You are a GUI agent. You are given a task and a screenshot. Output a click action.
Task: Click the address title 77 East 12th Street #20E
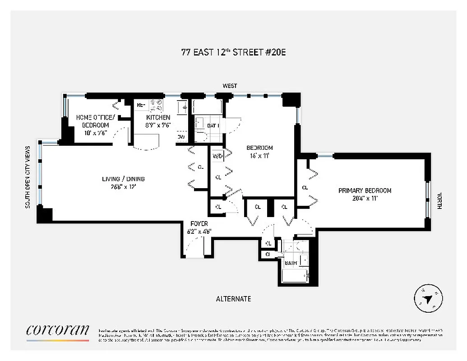tap(233, 52)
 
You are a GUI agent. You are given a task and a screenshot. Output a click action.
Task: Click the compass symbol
tap(428, 298)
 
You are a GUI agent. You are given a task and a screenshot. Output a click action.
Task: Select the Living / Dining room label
tap(123, 179)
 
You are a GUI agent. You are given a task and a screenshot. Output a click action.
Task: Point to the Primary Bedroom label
tap(365, 190)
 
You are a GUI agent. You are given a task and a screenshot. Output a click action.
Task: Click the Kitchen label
tap(157, 117)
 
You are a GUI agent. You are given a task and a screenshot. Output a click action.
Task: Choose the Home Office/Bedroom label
tap(95, 121)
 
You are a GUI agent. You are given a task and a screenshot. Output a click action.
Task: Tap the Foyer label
tap(199, 223)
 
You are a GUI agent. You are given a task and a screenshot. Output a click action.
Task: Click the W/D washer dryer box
tap(217, 157)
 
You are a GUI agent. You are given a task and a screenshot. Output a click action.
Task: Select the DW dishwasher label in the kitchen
tap(181, 137)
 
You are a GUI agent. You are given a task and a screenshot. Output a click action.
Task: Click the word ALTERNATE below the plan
tap(233, 299)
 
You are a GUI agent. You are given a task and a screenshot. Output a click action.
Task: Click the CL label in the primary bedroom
tap(305, 187)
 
